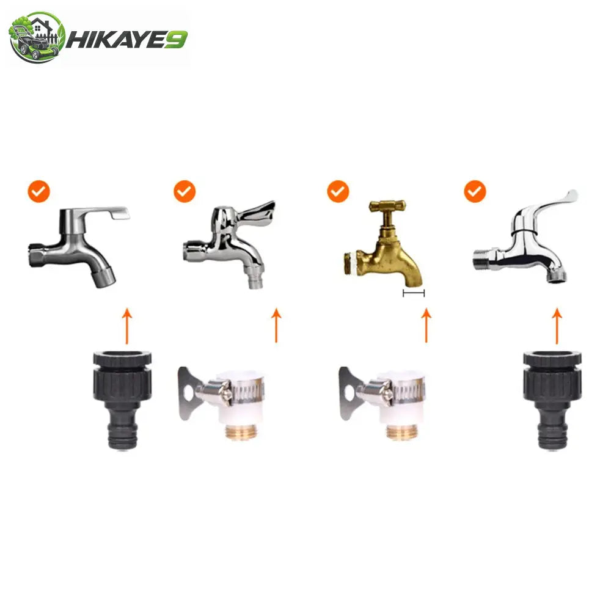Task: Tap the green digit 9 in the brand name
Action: pyautogui.click(x=176, y=40)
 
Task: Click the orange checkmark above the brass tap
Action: pyautogui.click(x=338, y=191)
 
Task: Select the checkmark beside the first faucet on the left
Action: pyautogui.click(x=39, y=191)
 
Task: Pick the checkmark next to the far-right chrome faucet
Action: pyautogui.click(x=475, y=191)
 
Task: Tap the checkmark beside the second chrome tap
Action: pyautogui.click(x=185, y=191)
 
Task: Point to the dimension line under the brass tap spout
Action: pyautogui.click(x=414, y=293)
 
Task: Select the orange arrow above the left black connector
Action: pyautogui.click(x=126, y=326)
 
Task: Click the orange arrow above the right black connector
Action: pyautogui.click(x=557, y=326)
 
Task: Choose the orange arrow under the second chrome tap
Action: pyautogui.click(x=276, y=326)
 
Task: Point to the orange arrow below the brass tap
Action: pyautogui.click(x=426, y=326)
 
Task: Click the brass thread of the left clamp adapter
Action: pyautogui.click(x=240, y=432)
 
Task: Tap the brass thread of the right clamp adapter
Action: pyautogui.click(x=401, y=432)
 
